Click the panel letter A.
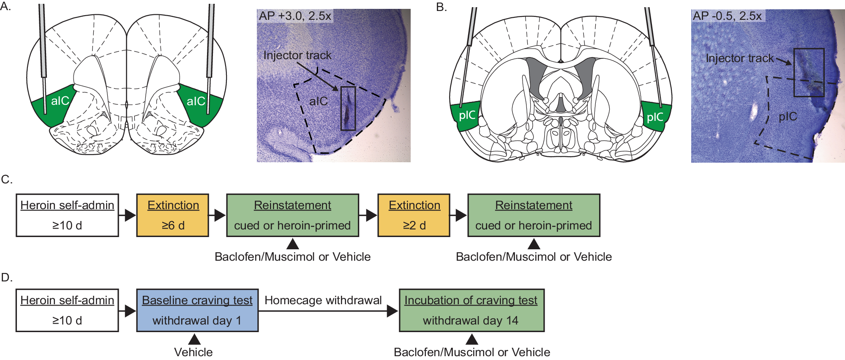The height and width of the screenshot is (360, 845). [x=5, y=7]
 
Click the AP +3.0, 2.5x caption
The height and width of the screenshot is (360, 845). [x=294, y=16]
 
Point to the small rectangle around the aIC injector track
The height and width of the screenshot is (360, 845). [x=348, y=108]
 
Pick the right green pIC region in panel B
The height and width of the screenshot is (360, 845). [x=656, y=116]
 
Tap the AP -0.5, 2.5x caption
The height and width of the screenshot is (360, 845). [x=727, y=16]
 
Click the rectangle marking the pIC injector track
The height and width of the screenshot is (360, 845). [x=809, y=72]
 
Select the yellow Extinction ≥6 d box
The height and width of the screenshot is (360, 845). [x=172, y=215]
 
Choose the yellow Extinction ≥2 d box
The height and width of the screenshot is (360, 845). [x=414, y=215]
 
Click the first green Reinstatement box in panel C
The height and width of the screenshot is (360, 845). [x=292, y=215]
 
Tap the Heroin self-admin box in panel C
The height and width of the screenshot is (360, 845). [x=67, y=215]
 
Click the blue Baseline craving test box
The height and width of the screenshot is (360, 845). [x=197, y=310]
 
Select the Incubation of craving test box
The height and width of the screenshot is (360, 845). [x=471, y=310]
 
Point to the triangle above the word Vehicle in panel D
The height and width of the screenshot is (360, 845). [x=194, y=339]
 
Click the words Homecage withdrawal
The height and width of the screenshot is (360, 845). [x=323, y=300]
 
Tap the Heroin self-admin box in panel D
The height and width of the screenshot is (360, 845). [x=67, y=310]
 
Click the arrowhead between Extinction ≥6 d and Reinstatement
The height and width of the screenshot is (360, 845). [x=220, y=215]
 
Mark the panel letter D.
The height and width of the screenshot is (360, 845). [x=6, y=278]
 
